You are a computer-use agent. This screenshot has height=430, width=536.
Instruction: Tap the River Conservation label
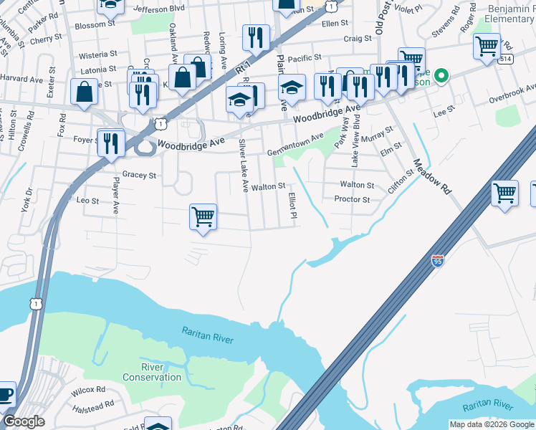pos(151,372)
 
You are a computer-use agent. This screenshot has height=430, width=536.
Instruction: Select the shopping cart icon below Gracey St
pos(204,217)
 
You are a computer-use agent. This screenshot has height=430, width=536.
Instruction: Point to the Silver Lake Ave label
pos(244,166)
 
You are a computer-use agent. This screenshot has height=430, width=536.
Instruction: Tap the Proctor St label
pos(352,200)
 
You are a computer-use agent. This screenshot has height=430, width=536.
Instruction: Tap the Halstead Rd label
pos(93,404)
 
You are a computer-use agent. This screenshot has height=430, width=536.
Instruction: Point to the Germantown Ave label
pos(295,144)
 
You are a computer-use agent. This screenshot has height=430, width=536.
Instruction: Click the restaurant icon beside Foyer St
pos(111,143)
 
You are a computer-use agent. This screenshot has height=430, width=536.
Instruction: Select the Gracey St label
pos(139,174)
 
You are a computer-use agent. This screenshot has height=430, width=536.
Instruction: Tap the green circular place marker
pos(442,75)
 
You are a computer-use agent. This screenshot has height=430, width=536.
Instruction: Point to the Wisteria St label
pos(97,54)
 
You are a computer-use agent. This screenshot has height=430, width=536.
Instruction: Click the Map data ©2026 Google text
pos(492,424)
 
